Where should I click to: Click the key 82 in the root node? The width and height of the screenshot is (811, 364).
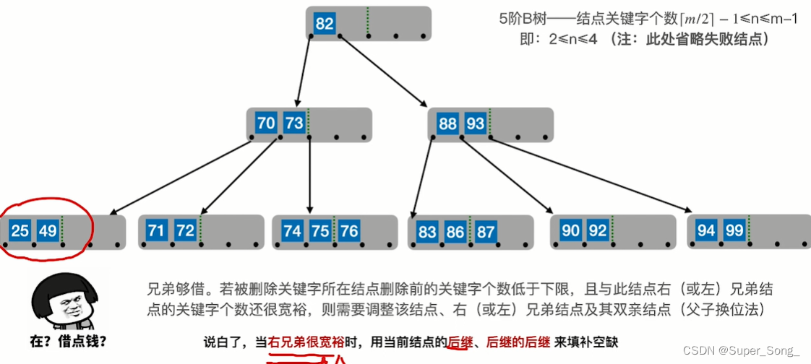325,24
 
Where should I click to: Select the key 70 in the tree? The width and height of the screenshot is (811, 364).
266,123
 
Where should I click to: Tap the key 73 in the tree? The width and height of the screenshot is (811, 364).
293,123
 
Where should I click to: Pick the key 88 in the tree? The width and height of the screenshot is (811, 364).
448,123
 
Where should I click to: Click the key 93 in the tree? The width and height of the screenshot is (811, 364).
475,123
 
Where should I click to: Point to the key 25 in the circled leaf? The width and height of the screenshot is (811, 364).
20,231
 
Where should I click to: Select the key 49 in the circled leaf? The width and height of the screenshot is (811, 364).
48,231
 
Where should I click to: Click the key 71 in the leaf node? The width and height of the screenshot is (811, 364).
157,231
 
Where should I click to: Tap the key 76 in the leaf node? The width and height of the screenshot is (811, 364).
348,231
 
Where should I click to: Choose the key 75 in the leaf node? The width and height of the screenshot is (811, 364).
320,231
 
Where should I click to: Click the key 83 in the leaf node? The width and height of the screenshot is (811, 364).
427,231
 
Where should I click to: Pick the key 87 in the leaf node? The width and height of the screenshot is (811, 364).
486,231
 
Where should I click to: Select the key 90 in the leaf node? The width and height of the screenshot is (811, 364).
571,231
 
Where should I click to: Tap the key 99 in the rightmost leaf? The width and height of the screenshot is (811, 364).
734,231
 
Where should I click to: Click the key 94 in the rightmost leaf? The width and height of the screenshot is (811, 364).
706,231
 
